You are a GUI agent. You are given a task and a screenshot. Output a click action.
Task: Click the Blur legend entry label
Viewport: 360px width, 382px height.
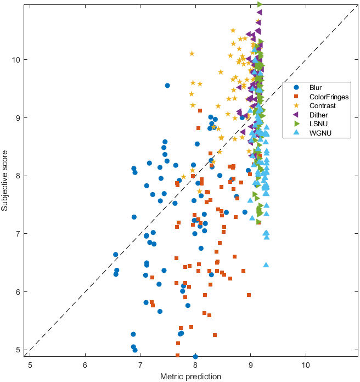[x=316, y=87]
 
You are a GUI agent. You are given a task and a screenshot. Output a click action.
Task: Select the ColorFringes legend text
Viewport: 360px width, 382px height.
[x=329, y=97]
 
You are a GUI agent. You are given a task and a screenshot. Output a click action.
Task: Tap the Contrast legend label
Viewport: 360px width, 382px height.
[x=323, y=105]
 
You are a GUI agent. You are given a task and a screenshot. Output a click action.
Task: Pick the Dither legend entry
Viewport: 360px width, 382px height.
[x=319, y=115]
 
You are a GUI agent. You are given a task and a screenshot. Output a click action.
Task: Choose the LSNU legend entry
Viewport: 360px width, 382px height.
[x=318, y=124]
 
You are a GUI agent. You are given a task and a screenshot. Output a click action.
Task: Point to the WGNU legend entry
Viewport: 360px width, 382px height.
[x=320, y=133]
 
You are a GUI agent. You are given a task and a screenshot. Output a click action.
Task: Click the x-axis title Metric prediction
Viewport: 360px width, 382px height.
[x=191, y=377]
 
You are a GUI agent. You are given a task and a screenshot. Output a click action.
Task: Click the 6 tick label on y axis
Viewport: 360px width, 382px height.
[x=20, y=292]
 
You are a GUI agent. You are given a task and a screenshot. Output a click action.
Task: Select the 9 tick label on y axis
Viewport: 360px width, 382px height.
[x=20, y=117]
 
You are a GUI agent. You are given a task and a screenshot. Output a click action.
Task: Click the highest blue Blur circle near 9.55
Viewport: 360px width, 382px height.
[x=167, y=85]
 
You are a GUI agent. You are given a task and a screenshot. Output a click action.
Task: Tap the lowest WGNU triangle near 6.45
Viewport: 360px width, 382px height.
[x=266, y=265]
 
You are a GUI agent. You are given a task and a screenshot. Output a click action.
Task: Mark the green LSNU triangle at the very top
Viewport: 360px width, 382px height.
[x=260, y=4]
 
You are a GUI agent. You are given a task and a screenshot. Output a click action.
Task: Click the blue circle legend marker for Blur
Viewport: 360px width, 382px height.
[x=296, y=87]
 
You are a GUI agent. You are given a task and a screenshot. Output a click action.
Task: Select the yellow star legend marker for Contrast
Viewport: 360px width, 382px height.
[x=296, y=105]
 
